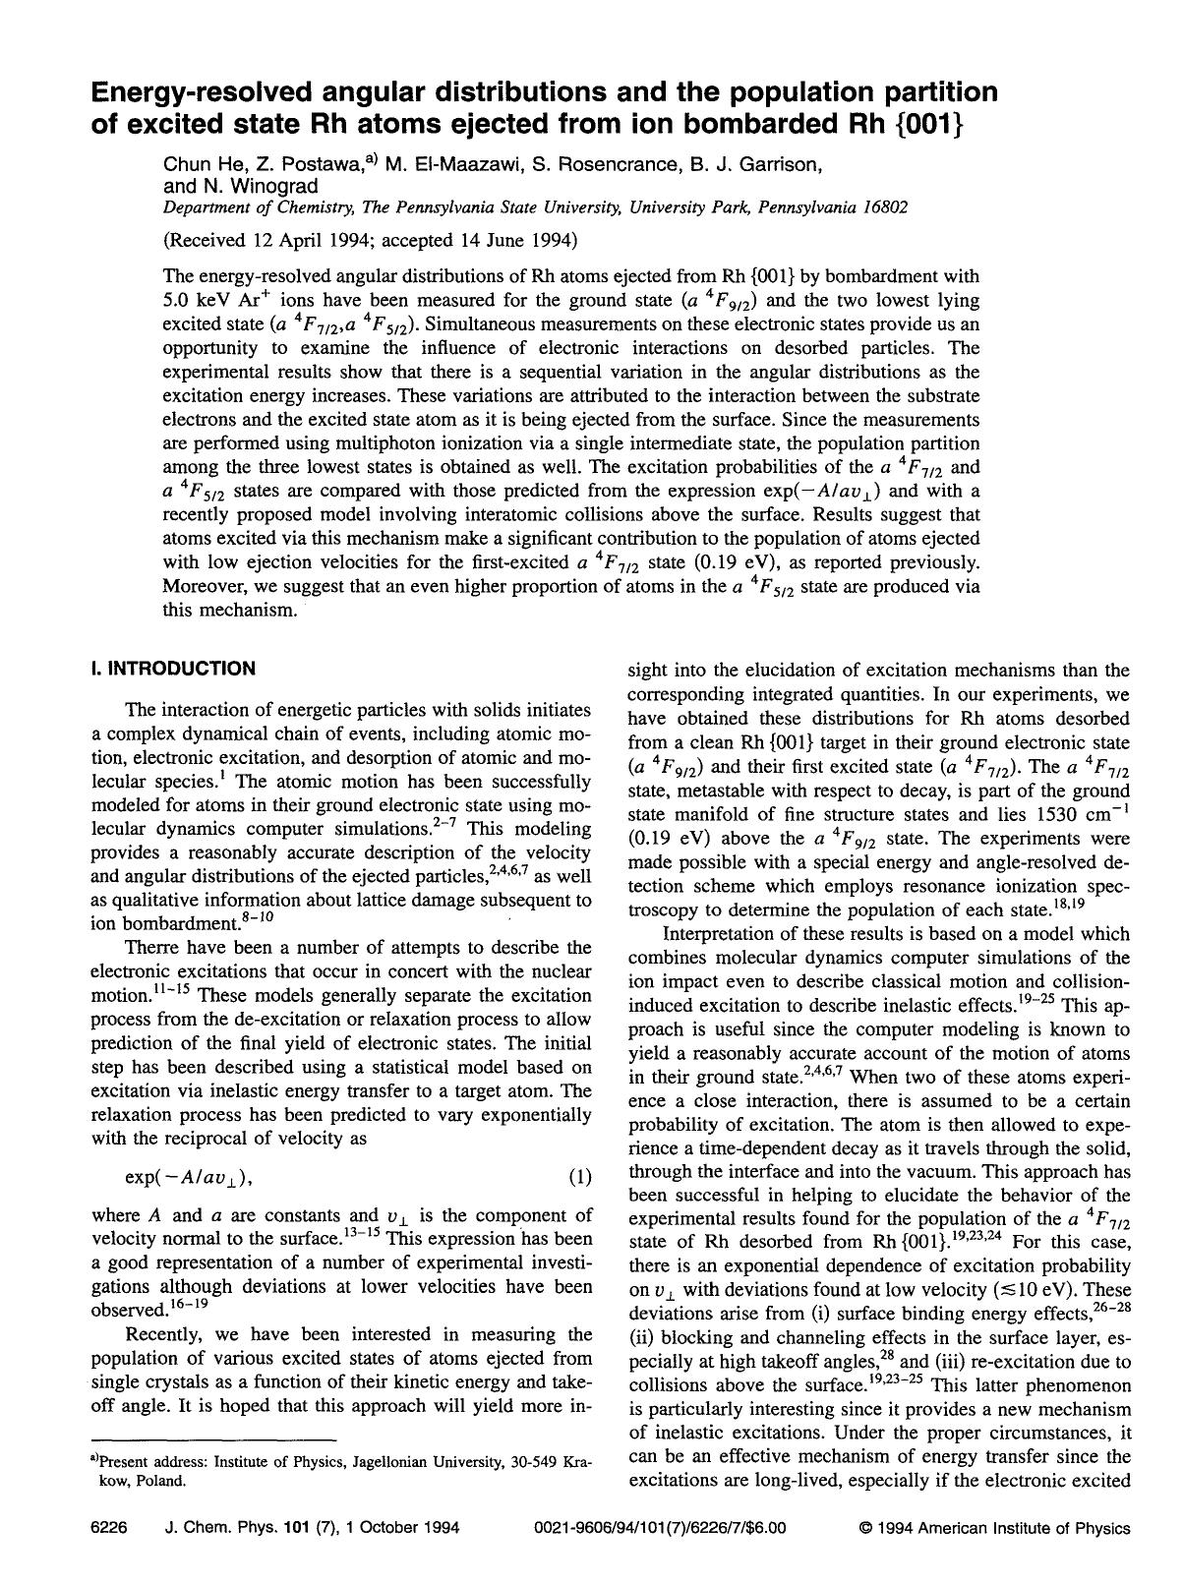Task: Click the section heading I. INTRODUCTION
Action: click(x=172, y=669)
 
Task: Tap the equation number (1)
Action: click(x=580, y=1177)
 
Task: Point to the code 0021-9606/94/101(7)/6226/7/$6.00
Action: click(x=660, y=1528)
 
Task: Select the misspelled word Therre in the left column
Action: click(x=151, y=948)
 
